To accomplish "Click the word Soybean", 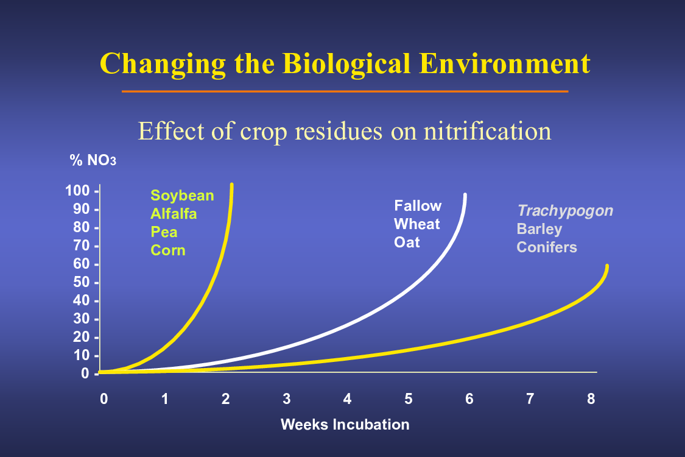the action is click(182, 196).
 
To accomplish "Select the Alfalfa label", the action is click(174, 214).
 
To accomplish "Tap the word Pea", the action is click(164, 232).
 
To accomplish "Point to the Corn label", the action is click(168, 250).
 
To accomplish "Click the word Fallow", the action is click(418, 206).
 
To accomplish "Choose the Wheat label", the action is click(416, 224).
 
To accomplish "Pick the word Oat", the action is click(407, 243).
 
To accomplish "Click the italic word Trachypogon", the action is click(565, 211).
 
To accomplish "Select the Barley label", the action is click(539, 229).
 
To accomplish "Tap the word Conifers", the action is click(547, 247).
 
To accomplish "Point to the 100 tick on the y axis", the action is click(77, 191).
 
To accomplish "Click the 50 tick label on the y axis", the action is click(81, 282).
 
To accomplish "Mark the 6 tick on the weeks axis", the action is click(469, 399).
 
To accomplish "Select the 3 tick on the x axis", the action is click(287, 399).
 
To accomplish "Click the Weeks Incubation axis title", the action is click(345, 425).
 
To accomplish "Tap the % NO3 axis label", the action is click(93, 160).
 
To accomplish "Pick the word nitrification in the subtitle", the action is click(488, 131).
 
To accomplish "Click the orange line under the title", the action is click(345, 91).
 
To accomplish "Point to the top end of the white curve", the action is click(465, 194).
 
